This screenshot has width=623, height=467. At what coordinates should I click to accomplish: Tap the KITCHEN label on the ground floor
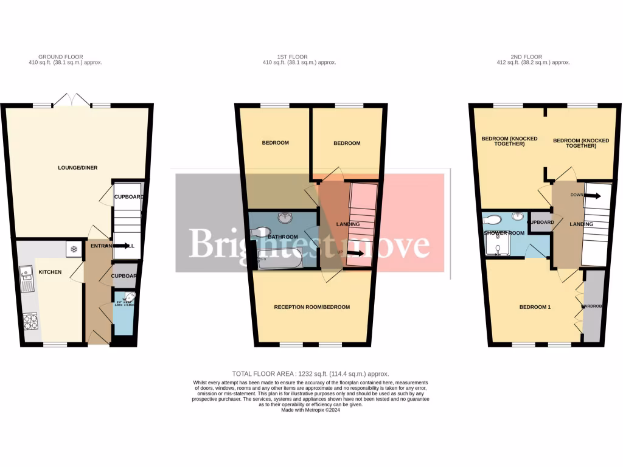coord(50,272)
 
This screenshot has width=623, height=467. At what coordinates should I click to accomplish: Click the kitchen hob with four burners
coord(30,320)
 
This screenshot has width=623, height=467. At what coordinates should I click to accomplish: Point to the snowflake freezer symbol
coord(74,249)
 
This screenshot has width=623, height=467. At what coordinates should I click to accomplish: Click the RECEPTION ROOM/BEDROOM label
coord(311,307)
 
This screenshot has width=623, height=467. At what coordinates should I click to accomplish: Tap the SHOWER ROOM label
coord(504,233)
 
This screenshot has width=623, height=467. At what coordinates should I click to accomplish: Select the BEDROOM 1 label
coord(534,307)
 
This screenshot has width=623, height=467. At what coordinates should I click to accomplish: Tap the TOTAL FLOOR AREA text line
coord(310,373)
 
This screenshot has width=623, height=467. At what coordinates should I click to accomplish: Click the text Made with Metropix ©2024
coord(311,410)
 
